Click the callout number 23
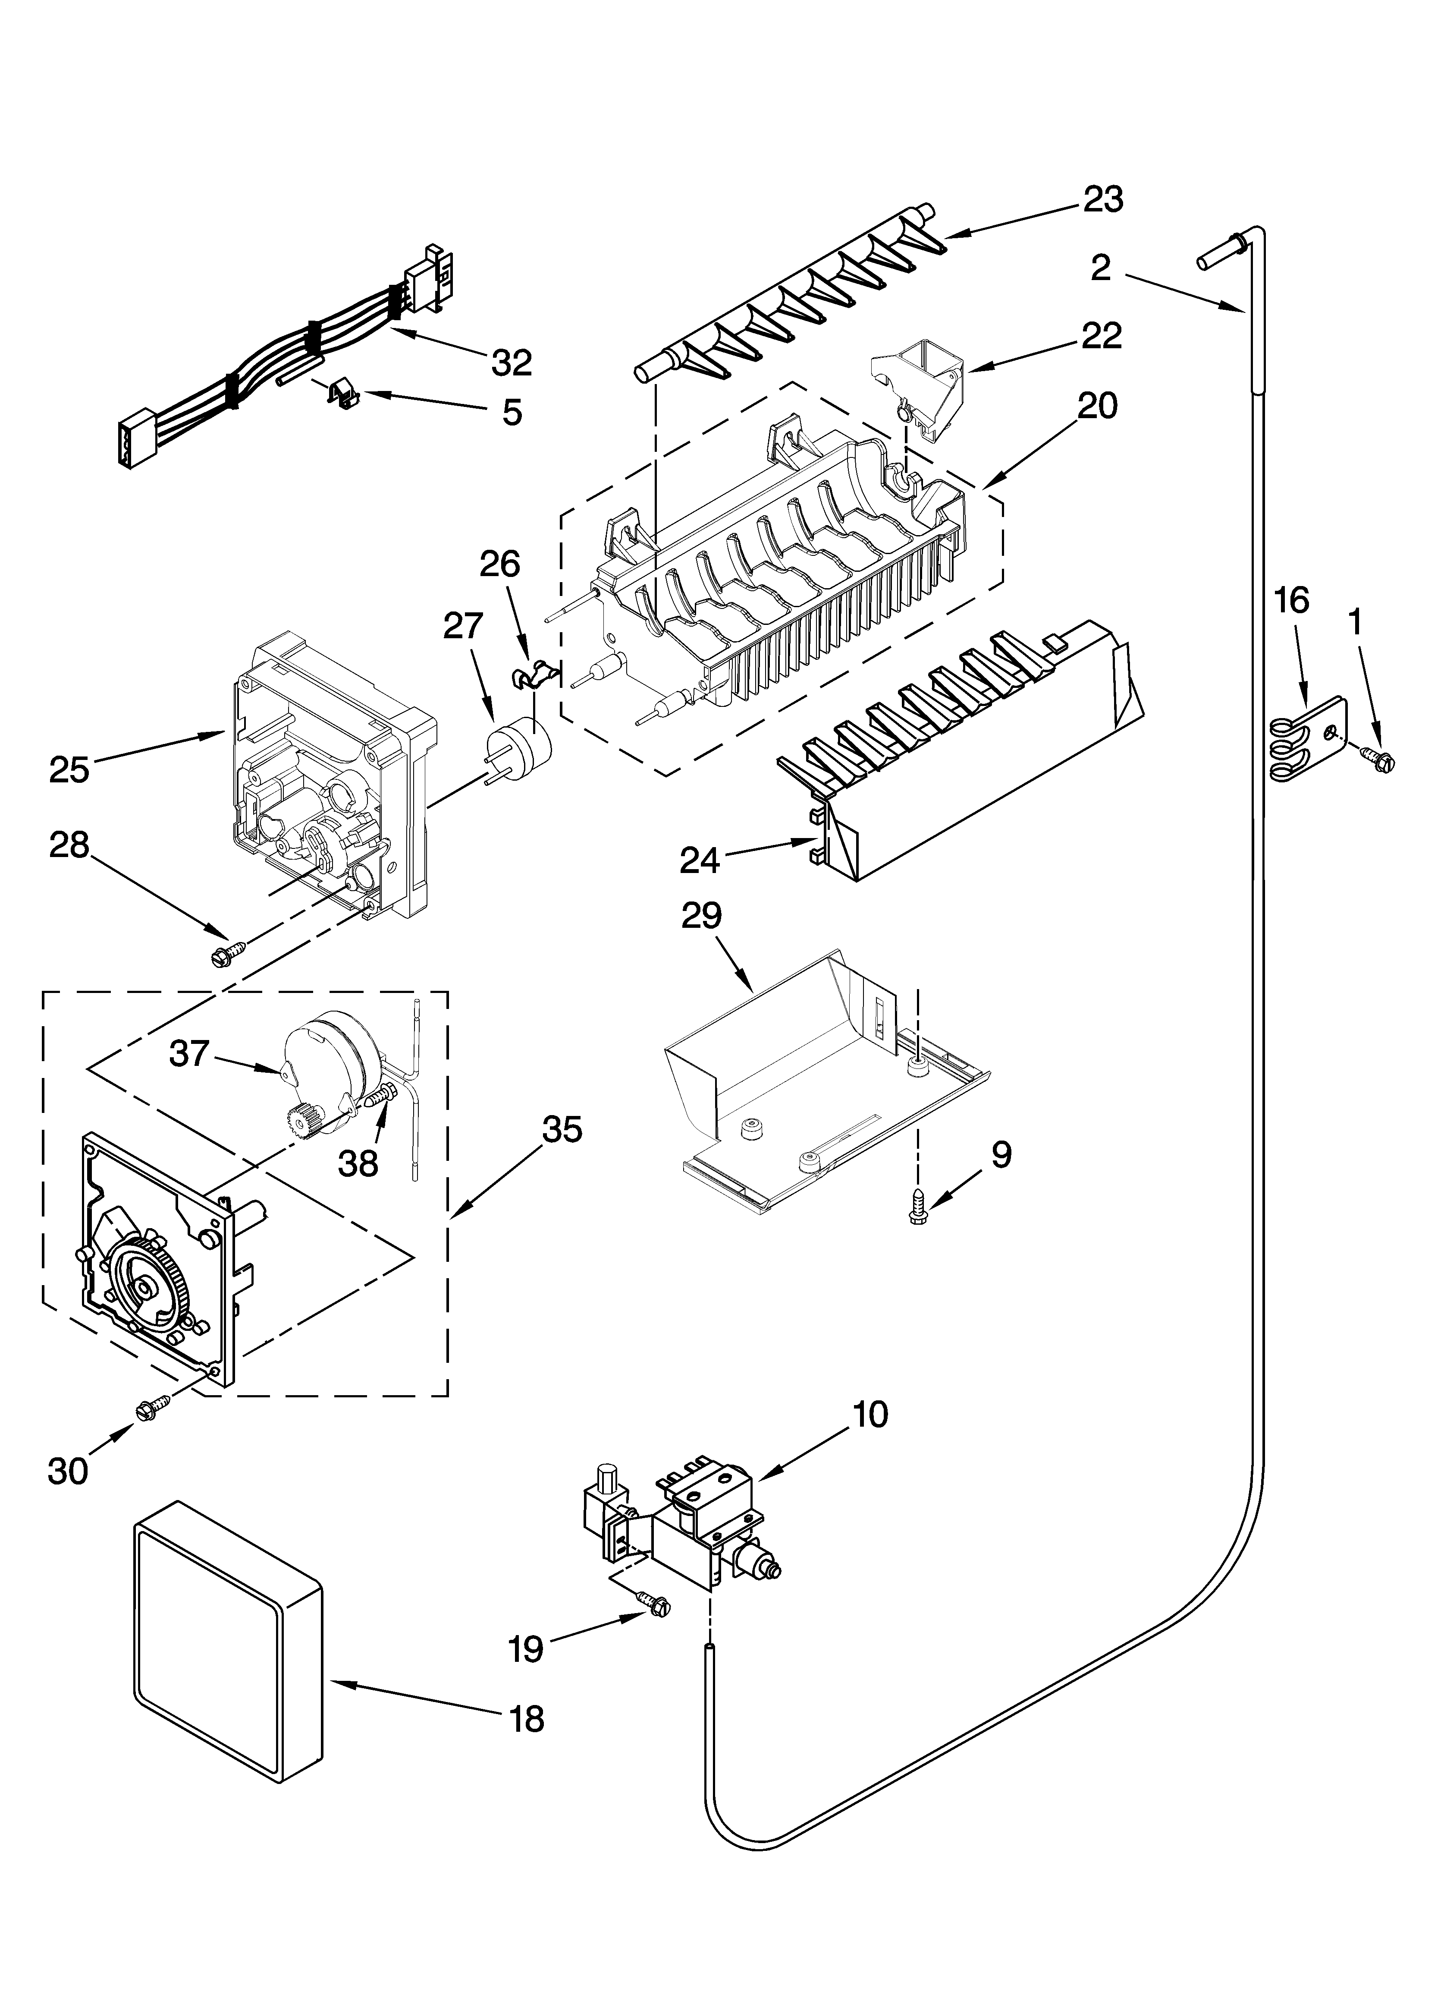pyautogui.click(x=1103, y=201)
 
